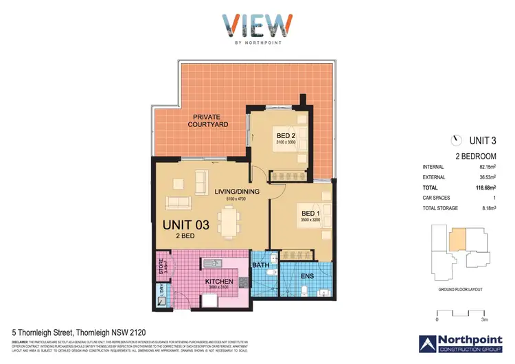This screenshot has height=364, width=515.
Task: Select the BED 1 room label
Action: pyautogui.click(x=310, y=214)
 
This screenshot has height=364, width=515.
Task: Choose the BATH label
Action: pyautogui.click(x=261, y=264)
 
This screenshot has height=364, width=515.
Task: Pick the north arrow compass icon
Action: pyautogui.click(x=455, y=140)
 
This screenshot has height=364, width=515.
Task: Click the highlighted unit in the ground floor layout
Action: pyautogui.click(x=457, y=239)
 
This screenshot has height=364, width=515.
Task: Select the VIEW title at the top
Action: pyautogui.click(x=257, y=27)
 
